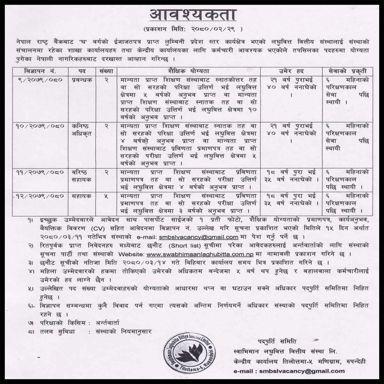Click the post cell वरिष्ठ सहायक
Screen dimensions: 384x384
[x=82, y=176]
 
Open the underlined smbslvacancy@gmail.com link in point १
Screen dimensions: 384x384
[x=198, y=237]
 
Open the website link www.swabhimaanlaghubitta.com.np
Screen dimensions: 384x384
[x=200, y=254]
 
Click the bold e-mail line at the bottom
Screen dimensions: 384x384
[x=289, y=371]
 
